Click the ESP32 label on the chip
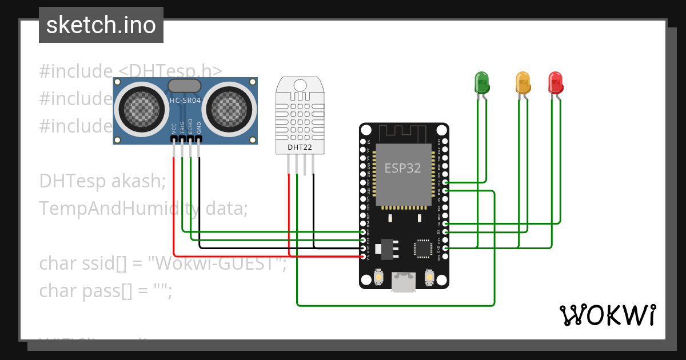(x=403, y=167)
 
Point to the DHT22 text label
(x=300, y=147)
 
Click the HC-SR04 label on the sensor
(x=184, y=101)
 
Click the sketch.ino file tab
(x=101, y=25)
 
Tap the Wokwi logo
(x=608, y=315)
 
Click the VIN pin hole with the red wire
(x=363, y=257)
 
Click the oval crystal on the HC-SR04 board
(x=184, y=86)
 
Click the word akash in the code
(x=137, y=181)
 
